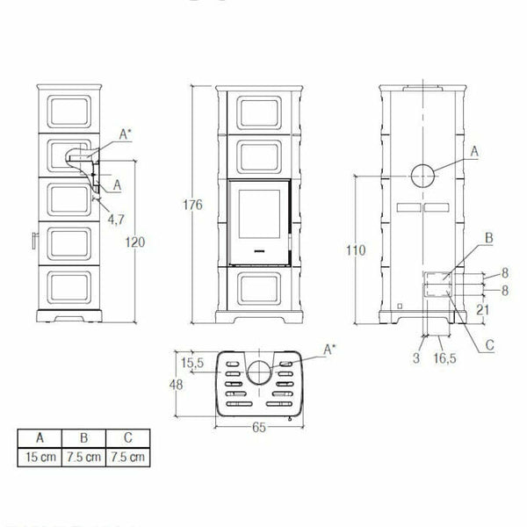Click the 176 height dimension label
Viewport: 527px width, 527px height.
click(x=194, y=205)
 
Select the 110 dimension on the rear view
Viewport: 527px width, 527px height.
click(x=355, y=250)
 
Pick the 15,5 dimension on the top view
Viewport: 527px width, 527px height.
click(x=191, y=362)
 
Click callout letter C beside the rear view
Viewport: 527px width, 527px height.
click(x=490, y=346)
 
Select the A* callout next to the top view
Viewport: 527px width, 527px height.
click(x=330, y=350)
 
